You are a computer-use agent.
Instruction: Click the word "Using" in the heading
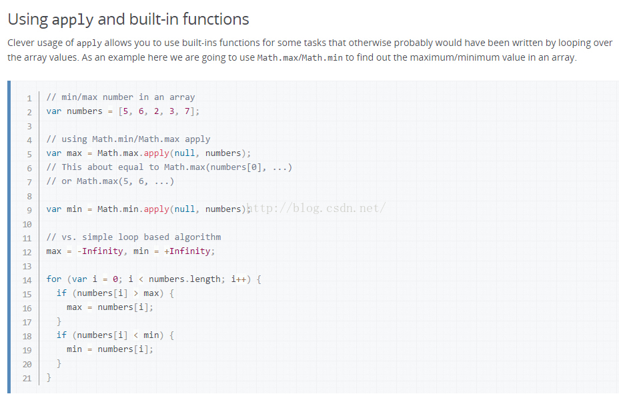click(28, 19)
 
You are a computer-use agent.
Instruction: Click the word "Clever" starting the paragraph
click(23, 43)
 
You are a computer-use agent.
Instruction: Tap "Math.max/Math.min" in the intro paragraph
click(300, 57)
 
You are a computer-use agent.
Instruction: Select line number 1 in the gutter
click(29, 97)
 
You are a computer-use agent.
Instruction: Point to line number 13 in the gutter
click(27, 265)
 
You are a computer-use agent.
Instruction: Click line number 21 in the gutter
click(27, 378)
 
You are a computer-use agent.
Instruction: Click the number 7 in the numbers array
click(187, 111)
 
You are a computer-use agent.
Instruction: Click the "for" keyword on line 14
click(54, 279)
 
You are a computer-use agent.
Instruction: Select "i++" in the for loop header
click(239, 279)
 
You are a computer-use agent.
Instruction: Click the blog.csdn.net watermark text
click(316, 208)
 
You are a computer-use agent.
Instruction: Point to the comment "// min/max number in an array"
click(121, 97)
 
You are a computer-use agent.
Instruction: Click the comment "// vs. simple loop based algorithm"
click(133, 237)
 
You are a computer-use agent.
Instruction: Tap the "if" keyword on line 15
click(61, 293)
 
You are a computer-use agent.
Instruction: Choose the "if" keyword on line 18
click(61, 335)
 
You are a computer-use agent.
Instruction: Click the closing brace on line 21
click(49, 377)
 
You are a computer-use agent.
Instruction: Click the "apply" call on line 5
click(157, 153)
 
